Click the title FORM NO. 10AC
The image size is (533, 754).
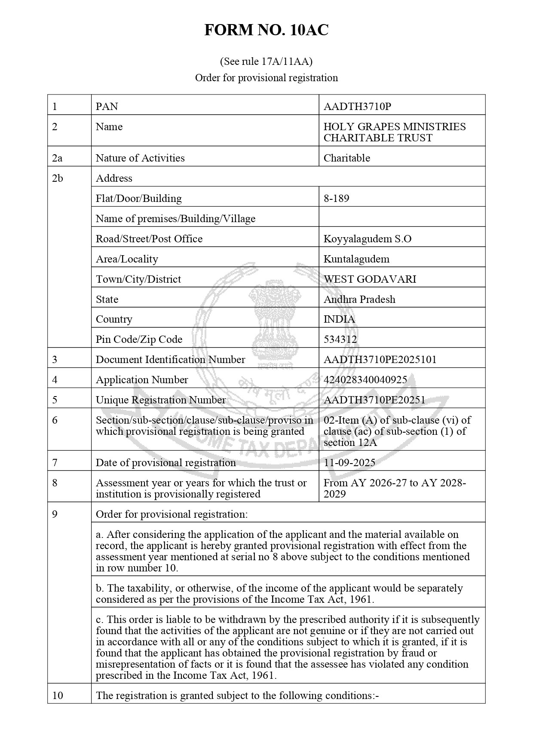tap(266, 31)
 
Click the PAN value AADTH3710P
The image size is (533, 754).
tap(357, 106)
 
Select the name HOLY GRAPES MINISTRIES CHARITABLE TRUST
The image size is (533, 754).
tap(394, 132)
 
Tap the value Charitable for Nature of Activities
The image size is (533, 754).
tap(346, 158)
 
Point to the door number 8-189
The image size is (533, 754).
tap(336, 198)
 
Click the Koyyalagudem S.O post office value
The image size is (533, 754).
tap(367, 238)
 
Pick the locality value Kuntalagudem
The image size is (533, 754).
tap(356, 259)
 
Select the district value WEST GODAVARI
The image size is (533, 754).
tap(370, 279)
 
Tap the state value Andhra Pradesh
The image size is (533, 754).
tap(359, 299)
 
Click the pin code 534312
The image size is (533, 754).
tap(340, 339)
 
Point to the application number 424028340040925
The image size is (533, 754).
tap(365, 380)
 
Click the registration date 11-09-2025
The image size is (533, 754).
tap(349, 462)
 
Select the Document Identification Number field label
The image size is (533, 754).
tap(170, 360)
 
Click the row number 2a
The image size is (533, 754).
tap(57, 158)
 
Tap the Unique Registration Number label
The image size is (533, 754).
tap(160, 400)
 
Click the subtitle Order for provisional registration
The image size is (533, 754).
tap(266, 78)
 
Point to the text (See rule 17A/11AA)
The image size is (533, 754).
tap(266, 61)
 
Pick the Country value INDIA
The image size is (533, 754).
tap(339, 319)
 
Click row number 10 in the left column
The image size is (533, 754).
tap(58, 695)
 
